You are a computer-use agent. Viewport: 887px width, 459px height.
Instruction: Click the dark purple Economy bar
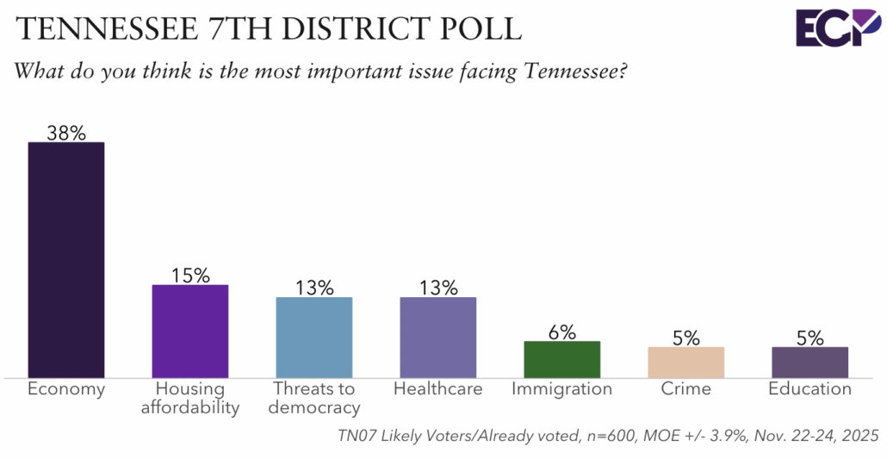tap(66, 259)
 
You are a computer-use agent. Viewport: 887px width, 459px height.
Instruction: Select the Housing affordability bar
tap(190, 331)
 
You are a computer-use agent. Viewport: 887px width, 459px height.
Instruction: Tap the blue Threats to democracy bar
tap(314, 337)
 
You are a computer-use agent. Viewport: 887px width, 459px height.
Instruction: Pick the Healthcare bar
tap(438, 337)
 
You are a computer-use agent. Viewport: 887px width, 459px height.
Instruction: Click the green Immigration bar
tap(562, 359)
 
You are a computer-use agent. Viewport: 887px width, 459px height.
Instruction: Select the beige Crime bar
tap(686, 362)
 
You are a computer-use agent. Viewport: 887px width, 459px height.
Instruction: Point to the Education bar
tap(810, 362)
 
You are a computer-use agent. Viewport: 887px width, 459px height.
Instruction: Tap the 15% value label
tap(190, 276)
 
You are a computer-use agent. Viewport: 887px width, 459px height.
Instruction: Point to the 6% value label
tap(562, 332)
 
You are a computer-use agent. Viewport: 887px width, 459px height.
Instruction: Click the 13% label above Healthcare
tap(438, 288)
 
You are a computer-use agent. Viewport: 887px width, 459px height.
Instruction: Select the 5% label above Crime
tap(686, 338)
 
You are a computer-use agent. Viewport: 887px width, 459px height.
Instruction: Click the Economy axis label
tap(66, 389)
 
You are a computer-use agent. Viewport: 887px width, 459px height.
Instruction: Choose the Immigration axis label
tap(562, 389)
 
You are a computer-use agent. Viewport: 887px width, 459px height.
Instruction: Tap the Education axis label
tap(810, 389)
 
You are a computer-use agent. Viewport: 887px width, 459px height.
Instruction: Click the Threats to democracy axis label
tap(314, 398)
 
